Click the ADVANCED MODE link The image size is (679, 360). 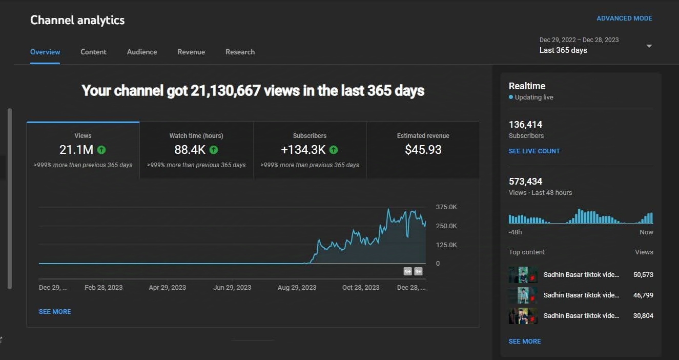tap(624, 18)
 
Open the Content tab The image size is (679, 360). tap(93, 52)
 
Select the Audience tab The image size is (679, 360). tap(142, 52)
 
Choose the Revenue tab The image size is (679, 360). tap(191, 52)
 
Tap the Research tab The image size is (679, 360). tap(240, 52)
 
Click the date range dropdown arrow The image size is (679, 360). tap(649, 46)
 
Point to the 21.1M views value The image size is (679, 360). tap(76, 150)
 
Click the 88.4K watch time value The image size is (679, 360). tap(190, 150)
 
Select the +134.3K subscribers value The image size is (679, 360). tap(303, 150)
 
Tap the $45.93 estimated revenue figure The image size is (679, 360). tap(423, 150)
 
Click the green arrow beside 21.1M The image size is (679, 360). tap(101, 150)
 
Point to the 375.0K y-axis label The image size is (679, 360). tap(446, 207)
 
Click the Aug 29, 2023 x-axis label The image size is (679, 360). tap(297, 288)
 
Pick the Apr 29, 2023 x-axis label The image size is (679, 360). tap(168, 288)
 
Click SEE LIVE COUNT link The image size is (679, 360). tap(534, 151)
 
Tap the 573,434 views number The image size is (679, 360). tap(525, 182)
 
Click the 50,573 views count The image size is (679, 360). tap(643, 275)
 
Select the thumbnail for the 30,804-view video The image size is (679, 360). tap(523, 316)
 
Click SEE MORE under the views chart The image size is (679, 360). tap(55, 312)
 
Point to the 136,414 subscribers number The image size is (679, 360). tap(525, 125)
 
